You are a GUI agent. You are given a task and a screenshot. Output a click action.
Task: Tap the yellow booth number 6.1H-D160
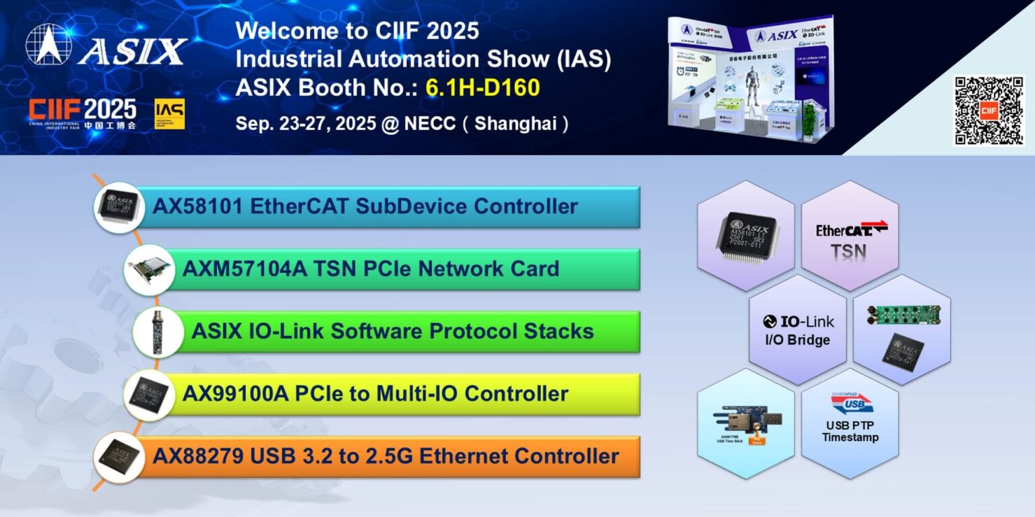[x=482, y=88]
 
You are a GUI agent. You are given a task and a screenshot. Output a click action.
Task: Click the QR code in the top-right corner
[x=989, y=110]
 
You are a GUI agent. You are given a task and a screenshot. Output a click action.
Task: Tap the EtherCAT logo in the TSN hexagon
[x=851, y=230]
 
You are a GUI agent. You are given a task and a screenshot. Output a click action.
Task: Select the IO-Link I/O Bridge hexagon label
[x=797, y=330]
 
